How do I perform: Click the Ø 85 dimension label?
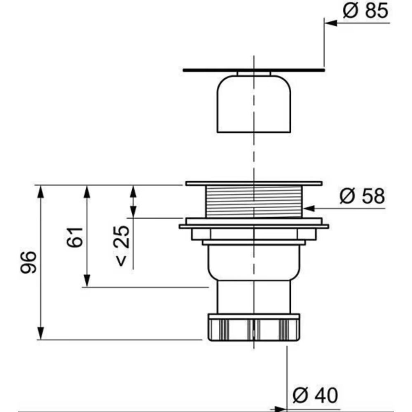(365, 11)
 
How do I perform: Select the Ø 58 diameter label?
(362, 196)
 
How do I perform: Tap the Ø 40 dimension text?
(315, 395)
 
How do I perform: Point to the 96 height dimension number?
(28, 262)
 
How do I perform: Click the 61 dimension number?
(75, 237)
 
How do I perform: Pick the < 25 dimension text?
(122, 246)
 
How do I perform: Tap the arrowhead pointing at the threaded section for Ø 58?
(309, 208)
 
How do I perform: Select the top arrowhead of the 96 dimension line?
(40, 192)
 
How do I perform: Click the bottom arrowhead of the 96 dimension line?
(40, 333)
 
